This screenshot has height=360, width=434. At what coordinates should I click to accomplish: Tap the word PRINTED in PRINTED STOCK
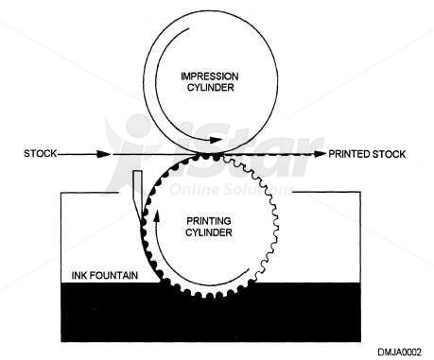coord(350,152)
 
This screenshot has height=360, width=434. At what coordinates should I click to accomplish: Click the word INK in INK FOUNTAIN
coord(81,276)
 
